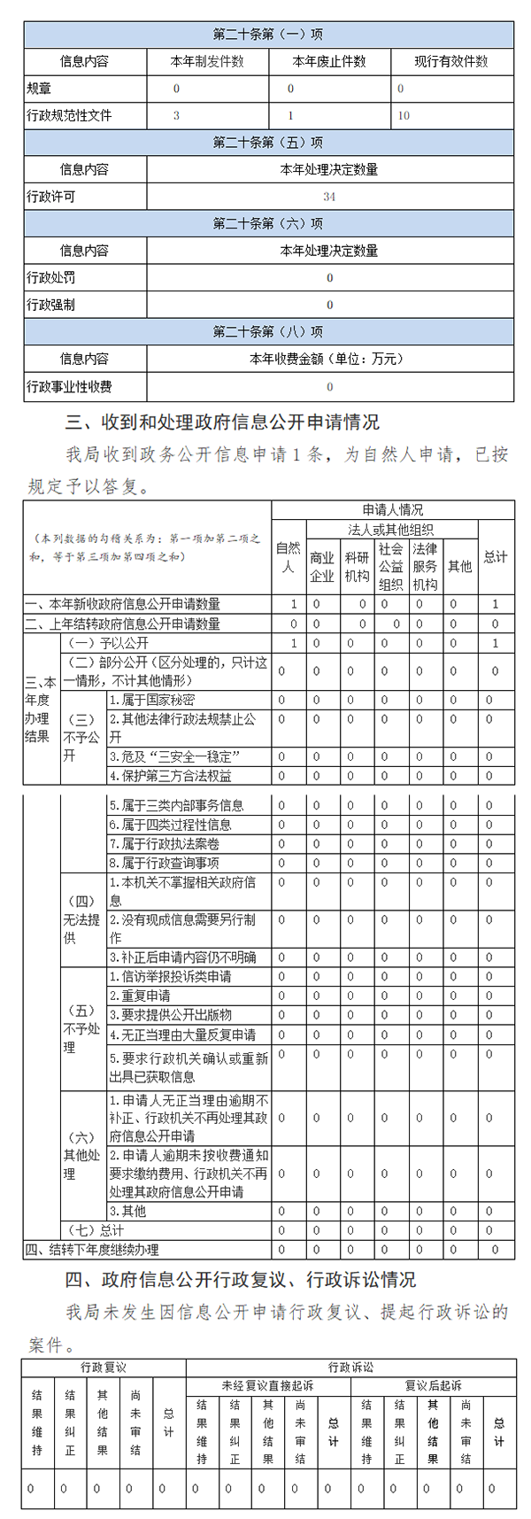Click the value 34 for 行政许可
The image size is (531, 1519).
click(329, 197)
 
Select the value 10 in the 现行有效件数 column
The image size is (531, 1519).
click(404, 115)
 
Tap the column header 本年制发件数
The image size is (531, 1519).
click(207, 62)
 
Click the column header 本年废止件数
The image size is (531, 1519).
click(329, 62)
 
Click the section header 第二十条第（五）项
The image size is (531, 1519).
click(268, 143)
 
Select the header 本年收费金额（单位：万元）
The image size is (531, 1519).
click(329, 359)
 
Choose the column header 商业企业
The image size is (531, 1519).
click(322, 567)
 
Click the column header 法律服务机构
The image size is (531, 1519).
click(425, 567)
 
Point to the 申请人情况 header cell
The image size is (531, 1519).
click(392, 509)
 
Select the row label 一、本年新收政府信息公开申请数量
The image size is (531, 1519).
click(123, 604)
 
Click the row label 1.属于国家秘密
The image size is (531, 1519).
click(152, 700)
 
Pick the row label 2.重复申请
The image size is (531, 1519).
click(140, 996)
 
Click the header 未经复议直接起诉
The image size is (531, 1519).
click(267, 1386)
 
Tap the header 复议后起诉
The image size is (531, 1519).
click(433, 1386)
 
